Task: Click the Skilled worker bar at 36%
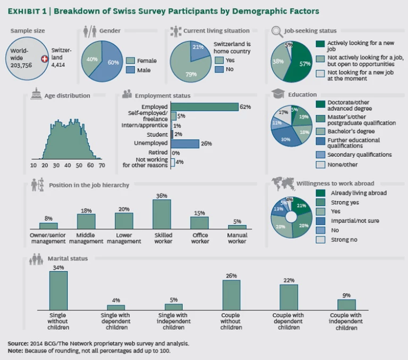(162, 214)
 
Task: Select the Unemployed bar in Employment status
(185, 144)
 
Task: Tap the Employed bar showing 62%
(205, 107)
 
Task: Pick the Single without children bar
(58, 290)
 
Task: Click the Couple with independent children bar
(346, 305)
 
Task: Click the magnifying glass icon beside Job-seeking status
(277, 31)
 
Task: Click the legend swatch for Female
(131, 61)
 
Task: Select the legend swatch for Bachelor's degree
(320, 131)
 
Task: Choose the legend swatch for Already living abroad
(320, 193)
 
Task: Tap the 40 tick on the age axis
(67, 166)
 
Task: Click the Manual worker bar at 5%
(237, 227)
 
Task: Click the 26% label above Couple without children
(231, 276)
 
